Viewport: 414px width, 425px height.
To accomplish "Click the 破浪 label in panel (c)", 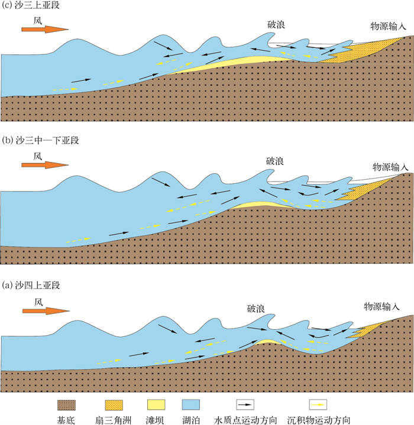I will click(x=276, y=25).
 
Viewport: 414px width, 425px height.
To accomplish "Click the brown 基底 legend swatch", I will click(x=66, y=404).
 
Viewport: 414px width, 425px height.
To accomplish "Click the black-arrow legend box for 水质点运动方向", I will click(x=245, y=404).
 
